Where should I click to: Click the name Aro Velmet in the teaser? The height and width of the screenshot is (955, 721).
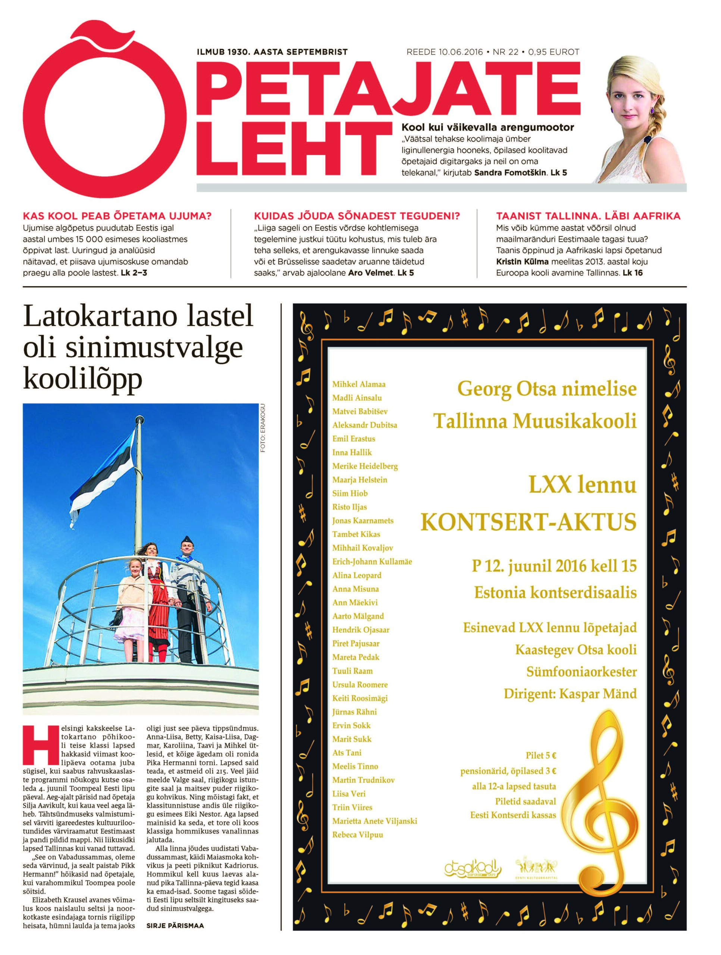pos(371,273)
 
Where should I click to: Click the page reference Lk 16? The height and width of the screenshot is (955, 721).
pos(633,273)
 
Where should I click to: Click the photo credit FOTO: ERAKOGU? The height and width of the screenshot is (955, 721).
pos(263,428)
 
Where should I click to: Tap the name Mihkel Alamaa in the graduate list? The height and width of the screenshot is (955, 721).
pos(359,384)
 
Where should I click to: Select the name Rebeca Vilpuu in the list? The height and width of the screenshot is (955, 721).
pos(357,835)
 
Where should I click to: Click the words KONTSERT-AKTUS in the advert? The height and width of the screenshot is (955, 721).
pos(529,522)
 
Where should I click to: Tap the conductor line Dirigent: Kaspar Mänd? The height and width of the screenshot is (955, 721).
pos(570,694)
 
